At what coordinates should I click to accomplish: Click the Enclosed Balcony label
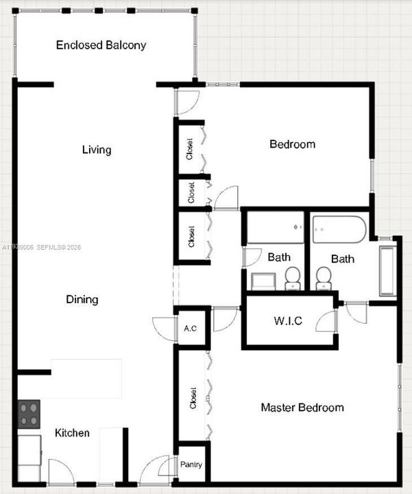101,45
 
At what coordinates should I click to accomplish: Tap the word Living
97,150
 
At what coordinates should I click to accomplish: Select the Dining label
82,299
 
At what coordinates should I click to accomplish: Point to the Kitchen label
72,432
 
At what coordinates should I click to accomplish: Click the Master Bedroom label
302,408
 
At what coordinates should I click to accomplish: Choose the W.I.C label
288,320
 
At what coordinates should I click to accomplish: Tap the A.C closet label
191,328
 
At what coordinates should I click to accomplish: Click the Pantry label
191,464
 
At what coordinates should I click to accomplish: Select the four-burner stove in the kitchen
29,414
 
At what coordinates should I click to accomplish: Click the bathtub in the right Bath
339,229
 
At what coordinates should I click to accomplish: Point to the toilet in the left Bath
293,278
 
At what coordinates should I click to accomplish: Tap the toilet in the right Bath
324,278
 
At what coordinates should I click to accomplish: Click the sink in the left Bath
263,281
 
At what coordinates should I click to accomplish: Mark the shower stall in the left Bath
276,227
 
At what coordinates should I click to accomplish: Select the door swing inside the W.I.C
326,320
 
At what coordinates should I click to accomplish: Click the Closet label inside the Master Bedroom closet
193,398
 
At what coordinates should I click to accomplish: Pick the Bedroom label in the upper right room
293,144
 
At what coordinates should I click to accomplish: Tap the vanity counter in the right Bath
388,271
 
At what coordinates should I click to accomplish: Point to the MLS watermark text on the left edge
41,247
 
